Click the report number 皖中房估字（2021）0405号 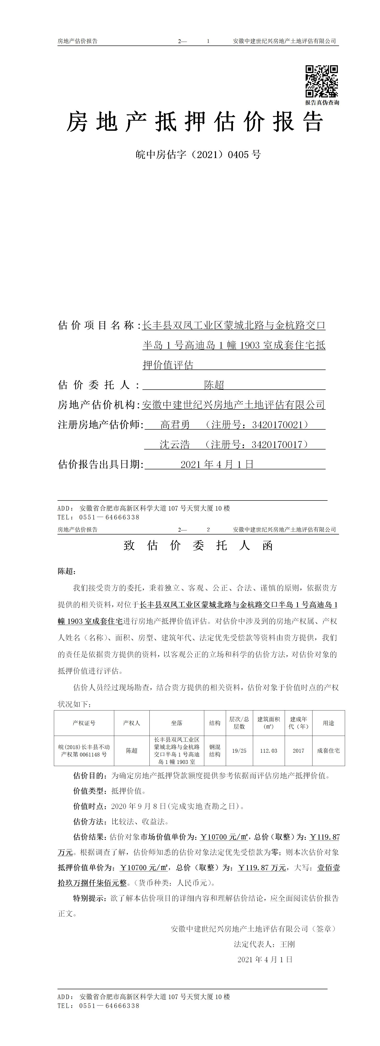tap(198, 155)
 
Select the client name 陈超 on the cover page tap(214, 385)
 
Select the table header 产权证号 tap(84, 723)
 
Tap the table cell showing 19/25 tap(239, 751)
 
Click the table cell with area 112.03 tap(269, 751)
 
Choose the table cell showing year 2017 tap(298, 751)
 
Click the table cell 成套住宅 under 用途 tap(329, 751)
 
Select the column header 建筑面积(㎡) tap(269, 723)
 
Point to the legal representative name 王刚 tap(287, 944)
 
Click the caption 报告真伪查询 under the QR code tap(322, 103)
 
